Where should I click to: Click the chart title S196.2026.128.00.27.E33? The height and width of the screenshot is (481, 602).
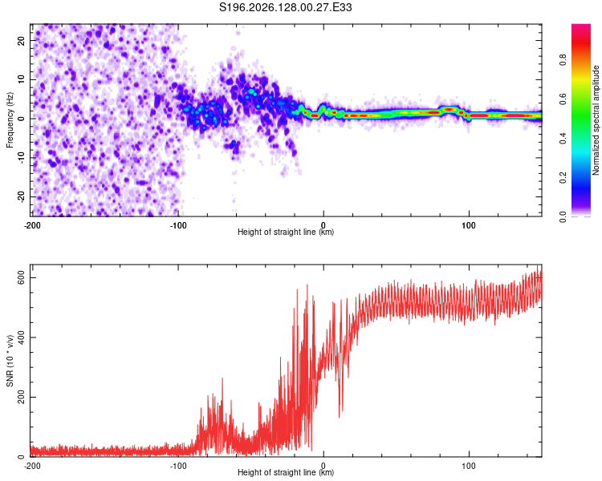(285, 7)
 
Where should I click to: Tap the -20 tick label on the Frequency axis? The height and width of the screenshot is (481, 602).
(22, 196)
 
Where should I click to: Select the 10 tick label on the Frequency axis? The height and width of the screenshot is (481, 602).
(22, 79)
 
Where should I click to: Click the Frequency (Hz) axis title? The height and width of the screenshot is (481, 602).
(10, 119)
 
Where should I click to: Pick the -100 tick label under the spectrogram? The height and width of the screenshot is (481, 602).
(178, 225)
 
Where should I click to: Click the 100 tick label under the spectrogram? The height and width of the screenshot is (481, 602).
(469, 225)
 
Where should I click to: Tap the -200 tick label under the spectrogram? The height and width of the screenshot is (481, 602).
(32, 225)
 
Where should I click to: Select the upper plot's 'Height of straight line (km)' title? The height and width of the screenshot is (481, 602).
(286, 232)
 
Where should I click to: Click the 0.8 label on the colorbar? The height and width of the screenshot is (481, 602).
(563, 59)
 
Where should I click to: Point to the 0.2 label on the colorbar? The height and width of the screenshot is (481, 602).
(563, 177)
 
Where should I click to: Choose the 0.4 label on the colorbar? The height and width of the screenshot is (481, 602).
(563, 138)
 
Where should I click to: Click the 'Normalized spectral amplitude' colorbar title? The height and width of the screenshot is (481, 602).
(596, 120)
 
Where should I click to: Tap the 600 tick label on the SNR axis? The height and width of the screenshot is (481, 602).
(22, 277)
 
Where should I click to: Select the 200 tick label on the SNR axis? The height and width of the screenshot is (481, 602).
(22, 397)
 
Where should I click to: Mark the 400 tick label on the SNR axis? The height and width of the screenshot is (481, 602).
(22, 338)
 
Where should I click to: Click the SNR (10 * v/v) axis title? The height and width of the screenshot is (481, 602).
(10, 361)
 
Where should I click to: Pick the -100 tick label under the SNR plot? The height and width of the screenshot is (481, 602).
(178, 466)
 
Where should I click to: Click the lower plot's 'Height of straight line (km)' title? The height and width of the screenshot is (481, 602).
(286, 472)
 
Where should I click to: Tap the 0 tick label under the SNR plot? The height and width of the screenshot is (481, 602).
(323, 466)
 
